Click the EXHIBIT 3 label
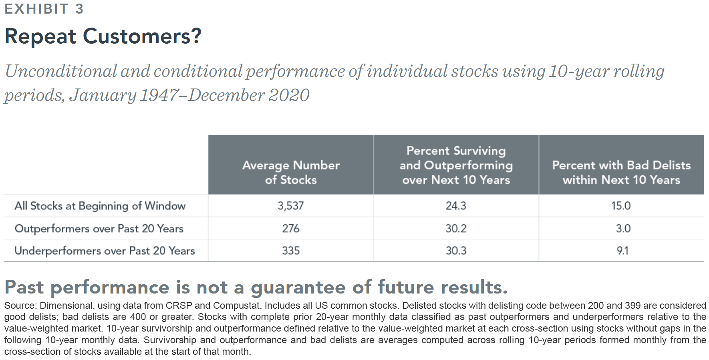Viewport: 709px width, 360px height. [44, 9]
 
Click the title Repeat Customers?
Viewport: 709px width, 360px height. [103, 36]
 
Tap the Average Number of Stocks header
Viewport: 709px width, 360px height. [291, 172]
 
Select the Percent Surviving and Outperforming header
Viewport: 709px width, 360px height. [456, 165]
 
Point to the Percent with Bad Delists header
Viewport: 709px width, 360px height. [621, 172]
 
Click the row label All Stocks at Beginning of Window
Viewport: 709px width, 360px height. [100, 206]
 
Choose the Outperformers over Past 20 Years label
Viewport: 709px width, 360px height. [99, 229]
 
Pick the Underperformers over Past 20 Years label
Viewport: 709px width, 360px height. [105, 251]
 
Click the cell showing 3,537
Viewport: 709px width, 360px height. [291, 206]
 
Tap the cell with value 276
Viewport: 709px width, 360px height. [291, 228]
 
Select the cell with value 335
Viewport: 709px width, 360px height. [291, 251]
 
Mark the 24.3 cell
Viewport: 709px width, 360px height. [456, 206]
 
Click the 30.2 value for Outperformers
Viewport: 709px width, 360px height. [456, 228]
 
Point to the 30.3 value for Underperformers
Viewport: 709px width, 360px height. [456, 251]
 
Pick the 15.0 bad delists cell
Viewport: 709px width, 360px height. [621, 206]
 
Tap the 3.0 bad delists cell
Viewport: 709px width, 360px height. [623, 228]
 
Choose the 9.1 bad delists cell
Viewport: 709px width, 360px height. [622, 251]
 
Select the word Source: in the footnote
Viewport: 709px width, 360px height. [20, 306]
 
